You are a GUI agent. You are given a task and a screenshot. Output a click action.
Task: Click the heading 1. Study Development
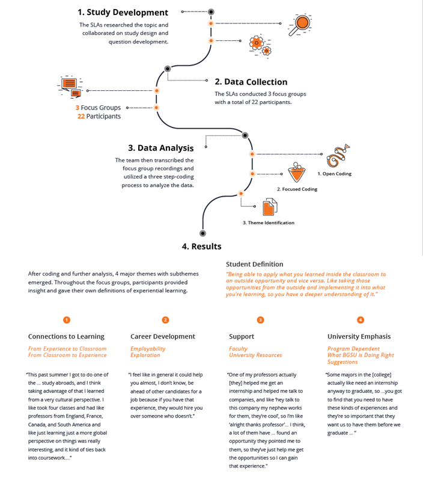point(123,12)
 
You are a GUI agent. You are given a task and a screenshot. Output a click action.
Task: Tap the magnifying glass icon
point(299,25)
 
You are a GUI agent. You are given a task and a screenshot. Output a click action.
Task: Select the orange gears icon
point(258,44)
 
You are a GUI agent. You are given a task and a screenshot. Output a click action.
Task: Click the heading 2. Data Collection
point(251,82)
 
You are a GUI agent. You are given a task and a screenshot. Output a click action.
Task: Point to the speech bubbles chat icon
point(70,86)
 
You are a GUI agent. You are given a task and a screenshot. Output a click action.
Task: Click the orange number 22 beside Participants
point(81,116)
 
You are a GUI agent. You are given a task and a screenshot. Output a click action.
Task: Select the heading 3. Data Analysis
point(160,148)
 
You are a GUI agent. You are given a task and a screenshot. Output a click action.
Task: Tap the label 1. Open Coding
point(335,174)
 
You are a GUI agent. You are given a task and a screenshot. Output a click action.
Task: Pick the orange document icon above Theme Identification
point(270,208)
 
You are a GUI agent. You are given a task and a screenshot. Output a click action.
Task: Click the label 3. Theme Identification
point(268,223)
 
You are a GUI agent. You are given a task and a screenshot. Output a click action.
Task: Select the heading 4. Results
point(201,246)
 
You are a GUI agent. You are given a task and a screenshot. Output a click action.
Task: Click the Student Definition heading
point(254,264)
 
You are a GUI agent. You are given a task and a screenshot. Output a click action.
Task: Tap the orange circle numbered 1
point(67,320)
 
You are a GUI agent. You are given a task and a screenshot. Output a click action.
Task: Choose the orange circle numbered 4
point(360,320)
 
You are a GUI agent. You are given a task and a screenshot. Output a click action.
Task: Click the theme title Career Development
point(162,336)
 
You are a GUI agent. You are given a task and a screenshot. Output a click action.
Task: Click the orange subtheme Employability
point(148,348)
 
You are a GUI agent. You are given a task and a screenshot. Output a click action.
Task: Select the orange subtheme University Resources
point(255,355)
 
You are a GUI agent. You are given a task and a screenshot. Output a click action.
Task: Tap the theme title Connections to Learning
point(66,336)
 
